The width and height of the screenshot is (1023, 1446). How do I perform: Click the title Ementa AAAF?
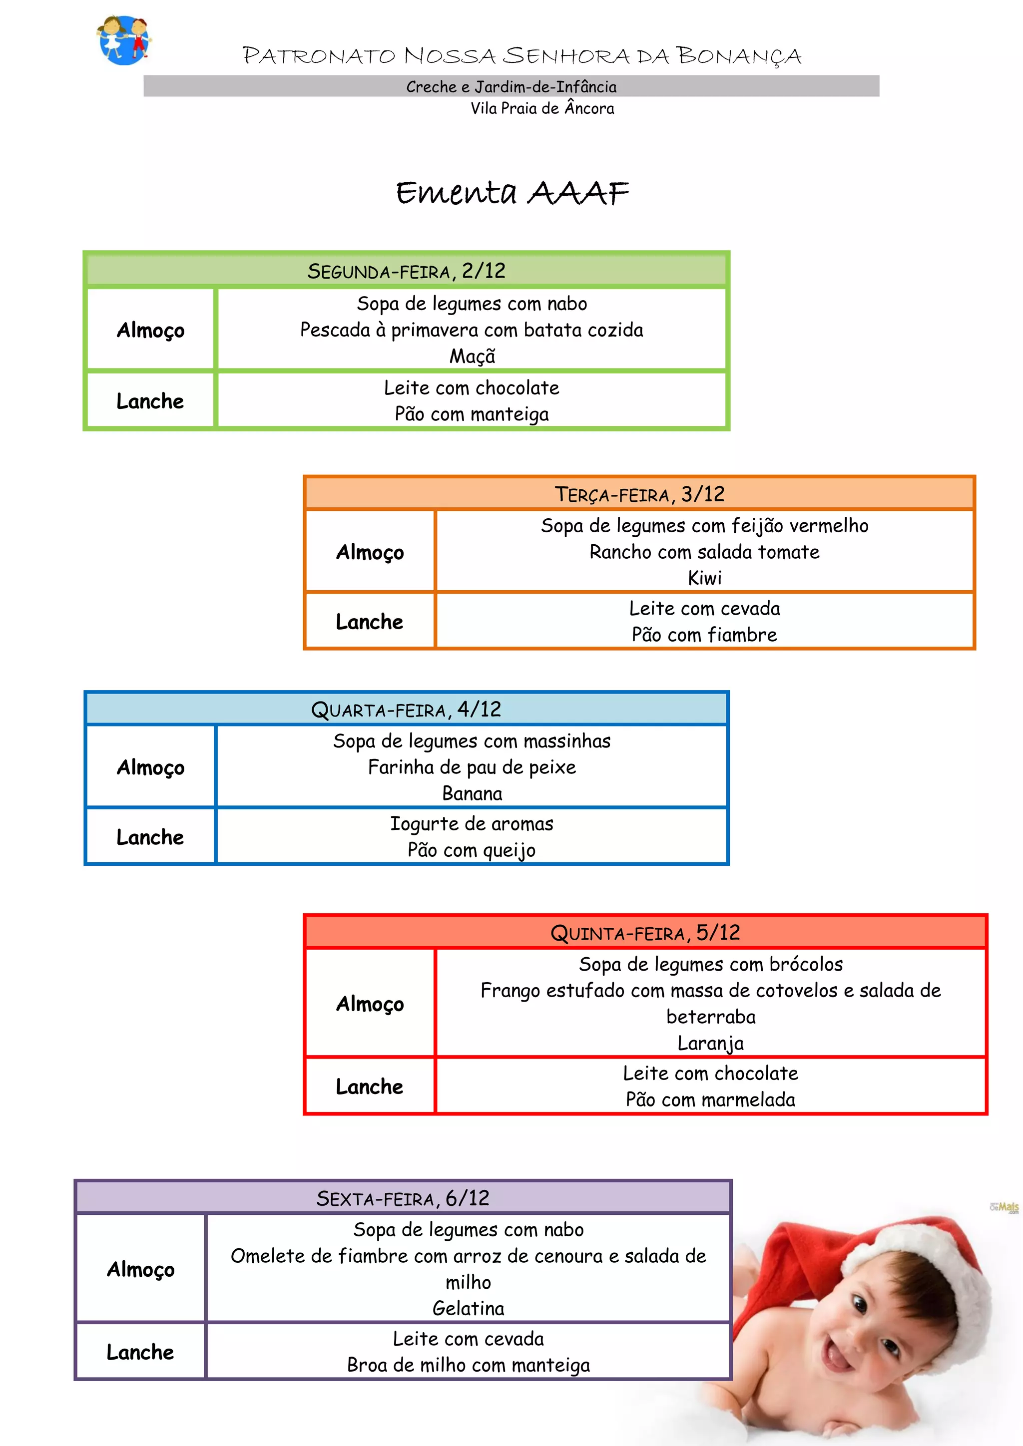point(511,192)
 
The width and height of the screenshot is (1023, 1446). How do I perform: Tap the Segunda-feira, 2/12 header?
point(406,271)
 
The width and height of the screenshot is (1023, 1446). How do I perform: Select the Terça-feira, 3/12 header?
point(639,494)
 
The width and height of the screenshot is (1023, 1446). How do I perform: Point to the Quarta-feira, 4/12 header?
point(406,710)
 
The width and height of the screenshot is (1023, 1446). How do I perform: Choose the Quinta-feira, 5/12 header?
point(645,933)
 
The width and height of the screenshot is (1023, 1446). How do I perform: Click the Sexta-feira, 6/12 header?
point(403,1198)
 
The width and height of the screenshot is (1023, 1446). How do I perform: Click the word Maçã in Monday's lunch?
point(472,357)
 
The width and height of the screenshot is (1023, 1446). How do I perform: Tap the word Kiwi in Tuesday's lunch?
point(704,578)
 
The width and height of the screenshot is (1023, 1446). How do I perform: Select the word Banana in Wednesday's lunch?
point(472,793)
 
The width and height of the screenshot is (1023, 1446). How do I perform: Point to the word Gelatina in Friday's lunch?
point(468,1308)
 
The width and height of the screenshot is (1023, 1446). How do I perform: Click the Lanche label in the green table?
point(150,401)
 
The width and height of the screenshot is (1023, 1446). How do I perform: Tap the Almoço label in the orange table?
point(370,552)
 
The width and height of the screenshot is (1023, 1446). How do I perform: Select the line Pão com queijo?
point(472,850)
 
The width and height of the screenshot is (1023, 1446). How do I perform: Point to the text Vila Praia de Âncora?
point(542,108)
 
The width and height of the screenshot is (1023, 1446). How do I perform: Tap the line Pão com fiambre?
point(704,635)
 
